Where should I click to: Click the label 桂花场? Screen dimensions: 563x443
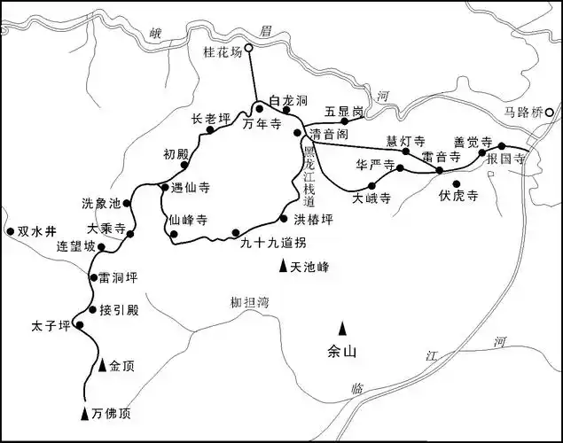(x=223, y=51)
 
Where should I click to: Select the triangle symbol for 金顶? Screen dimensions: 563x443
(x=103, y=363)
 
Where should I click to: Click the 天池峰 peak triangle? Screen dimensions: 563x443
(x=283, y=266)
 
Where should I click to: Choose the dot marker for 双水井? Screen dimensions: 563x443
(x=10, y=231)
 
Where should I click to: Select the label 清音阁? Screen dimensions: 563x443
(x=327, y=135)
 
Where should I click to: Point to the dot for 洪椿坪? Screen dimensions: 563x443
(x=284, y=218)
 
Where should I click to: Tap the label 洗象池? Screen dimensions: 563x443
(x=99, y=203)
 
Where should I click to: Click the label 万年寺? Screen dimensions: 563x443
(x=262, y=126)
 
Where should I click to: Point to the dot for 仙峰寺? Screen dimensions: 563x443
(x=175, y=235)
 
